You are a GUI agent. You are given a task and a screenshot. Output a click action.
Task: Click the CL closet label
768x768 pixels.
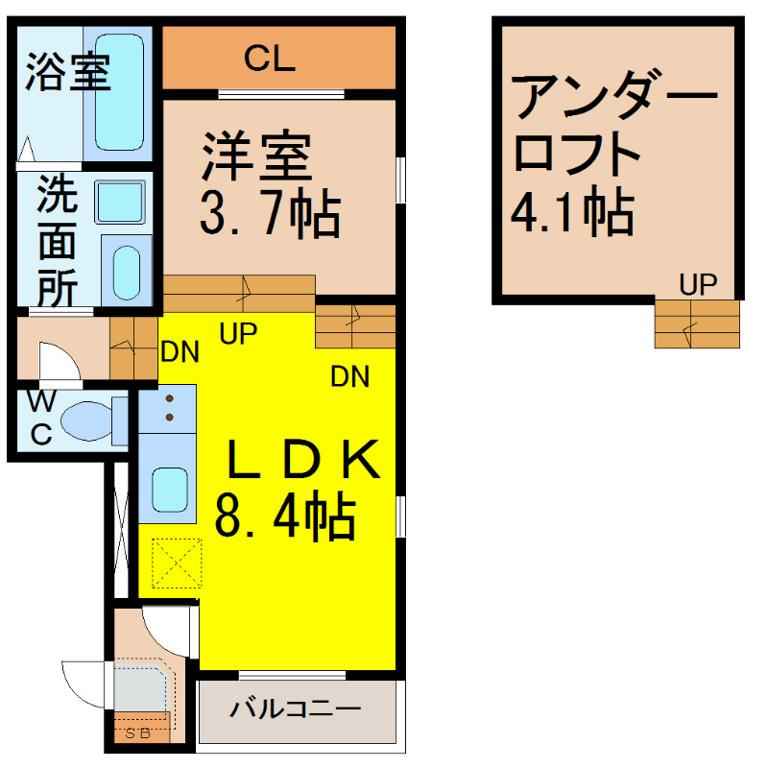[269, 60]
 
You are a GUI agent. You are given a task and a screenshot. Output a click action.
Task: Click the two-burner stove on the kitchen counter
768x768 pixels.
[168, 407]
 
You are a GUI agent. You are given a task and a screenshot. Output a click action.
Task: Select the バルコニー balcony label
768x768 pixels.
[295, 710]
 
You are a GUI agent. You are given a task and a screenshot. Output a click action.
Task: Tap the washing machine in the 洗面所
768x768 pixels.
[119, 203]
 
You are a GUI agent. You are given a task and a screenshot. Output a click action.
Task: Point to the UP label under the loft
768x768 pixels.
[698, 284]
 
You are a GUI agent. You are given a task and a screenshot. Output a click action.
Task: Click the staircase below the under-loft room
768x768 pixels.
[698, 324]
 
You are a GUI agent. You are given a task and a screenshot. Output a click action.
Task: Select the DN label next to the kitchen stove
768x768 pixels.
[180, 352]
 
